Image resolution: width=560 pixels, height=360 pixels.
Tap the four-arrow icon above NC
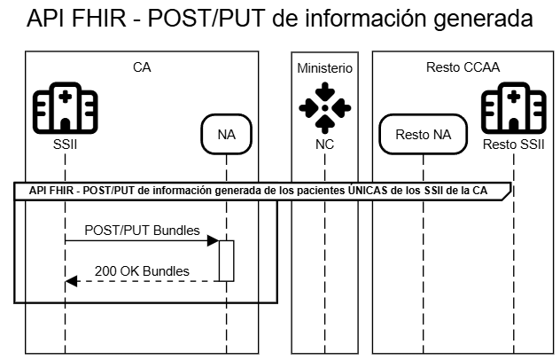325,108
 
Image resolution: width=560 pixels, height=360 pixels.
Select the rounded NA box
226,135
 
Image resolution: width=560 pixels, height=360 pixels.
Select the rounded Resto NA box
423,135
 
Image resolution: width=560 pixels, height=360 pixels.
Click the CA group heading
141,67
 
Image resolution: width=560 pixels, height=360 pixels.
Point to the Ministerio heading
324,67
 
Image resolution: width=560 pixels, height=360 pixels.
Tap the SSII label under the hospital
65,144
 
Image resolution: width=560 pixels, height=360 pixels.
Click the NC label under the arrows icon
325,144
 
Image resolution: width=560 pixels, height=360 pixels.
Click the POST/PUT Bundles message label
142,230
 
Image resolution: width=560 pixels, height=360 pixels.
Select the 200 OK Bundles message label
143,270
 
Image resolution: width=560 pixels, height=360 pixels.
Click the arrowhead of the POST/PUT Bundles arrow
214,240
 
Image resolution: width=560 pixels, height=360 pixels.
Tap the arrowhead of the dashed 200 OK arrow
71,281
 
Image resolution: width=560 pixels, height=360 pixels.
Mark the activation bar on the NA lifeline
226,261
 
